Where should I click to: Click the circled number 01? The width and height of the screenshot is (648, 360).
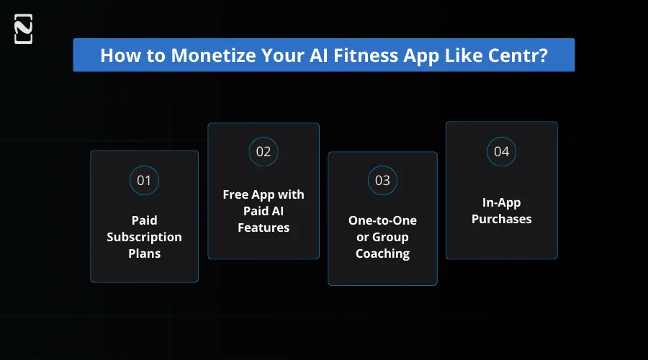click(144, 180)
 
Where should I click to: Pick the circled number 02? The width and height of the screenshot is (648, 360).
click(264, 151)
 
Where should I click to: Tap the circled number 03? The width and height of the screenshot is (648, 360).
click(382, 180)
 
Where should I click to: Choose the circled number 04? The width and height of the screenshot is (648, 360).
click(501, 151)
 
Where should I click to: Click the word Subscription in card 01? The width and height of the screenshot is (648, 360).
click(144, 237)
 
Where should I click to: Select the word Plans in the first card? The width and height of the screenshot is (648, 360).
click(144, 253)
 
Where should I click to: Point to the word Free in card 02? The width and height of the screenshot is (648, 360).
click(235, 194)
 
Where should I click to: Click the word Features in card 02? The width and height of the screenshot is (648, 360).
click(264, 228)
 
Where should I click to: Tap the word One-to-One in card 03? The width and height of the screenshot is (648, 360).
click(382, 220)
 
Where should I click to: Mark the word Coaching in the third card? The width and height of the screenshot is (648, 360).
click(382, 253)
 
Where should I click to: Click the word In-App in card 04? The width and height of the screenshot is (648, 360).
click(501, 202)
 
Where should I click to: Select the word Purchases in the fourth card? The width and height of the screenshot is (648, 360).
click(501, 219)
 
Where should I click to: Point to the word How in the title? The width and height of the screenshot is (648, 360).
click(116, 55)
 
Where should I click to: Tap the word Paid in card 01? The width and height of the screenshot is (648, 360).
click(144, 220)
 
